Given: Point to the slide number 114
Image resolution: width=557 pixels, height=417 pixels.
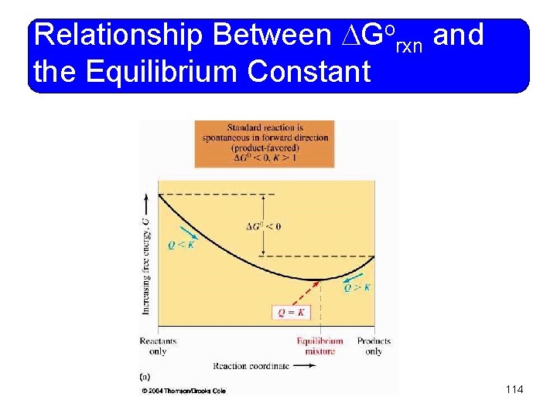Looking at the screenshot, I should click(514, 389).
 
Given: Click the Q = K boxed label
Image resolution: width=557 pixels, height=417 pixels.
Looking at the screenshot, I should click(291, 312).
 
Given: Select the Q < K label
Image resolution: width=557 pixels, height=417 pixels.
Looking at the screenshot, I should click(180, 245).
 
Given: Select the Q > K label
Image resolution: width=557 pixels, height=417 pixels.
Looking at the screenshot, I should click(357, 287).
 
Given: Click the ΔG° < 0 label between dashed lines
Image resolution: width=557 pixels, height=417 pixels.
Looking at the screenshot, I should click(263, 226).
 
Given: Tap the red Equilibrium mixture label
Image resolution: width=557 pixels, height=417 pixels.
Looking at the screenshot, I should click(320, 346).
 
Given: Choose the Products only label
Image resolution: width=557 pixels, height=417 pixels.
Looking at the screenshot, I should click(374, 346).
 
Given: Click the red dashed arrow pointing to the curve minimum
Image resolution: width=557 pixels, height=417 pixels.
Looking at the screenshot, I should click(307, 293).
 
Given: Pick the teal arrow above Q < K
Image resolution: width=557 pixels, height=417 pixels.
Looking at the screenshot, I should click(186, 232).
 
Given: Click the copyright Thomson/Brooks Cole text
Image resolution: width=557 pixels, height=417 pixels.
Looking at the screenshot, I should click(184, 391).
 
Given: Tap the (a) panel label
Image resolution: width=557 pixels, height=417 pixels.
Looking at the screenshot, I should click(145, 377).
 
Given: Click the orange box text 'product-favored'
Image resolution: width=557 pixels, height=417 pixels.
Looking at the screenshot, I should click(265, 147).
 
